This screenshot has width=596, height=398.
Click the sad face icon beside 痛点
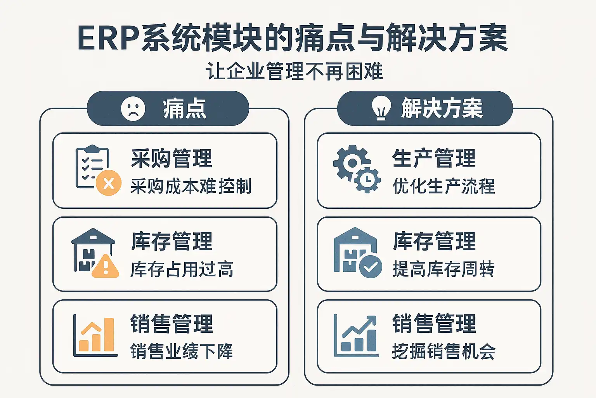click(133, 108)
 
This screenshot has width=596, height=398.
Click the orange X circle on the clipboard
click(109, 183)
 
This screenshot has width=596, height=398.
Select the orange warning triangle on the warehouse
click(105, 267)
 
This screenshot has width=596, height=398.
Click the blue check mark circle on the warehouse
click(371, 267)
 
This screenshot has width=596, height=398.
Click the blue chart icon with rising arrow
click(356, 335)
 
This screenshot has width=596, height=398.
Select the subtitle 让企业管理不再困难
click(295, 72)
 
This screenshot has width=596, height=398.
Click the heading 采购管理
click(172, 158)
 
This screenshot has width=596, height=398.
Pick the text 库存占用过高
click(182, 269)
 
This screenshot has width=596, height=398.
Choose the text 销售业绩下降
click(182, 351)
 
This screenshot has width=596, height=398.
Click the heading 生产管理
click(434, 158)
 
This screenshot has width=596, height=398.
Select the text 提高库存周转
click(444, 269)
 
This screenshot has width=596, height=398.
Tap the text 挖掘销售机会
click(444, 351)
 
